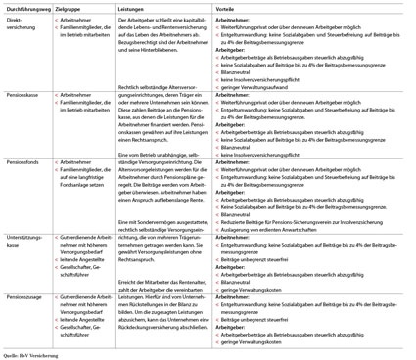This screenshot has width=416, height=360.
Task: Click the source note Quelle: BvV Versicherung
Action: [x=34, y=354]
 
